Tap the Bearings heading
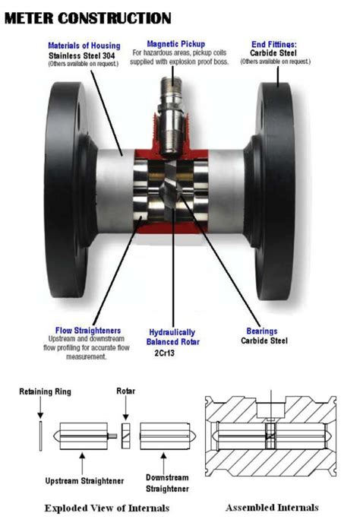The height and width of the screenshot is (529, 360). click(261, 331)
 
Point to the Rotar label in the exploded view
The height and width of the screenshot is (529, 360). click(126, 392)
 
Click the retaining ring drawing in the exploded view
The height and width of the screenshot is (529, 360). click(39, 439)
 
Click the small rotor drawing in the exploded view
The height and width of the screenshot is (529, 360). click(125, 437)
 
